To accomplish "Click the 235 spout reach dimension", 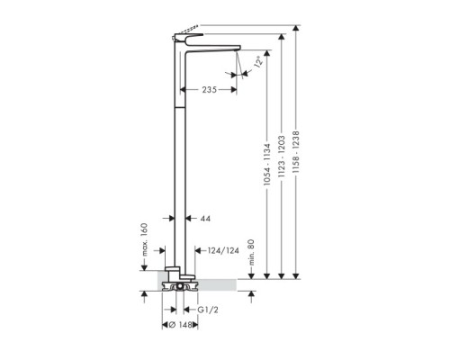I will [209, 90].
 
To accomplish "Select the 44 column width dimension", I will [205, 219].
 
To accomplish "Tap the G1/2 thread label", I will [209, 310].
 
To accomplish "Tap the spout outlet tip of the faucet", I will [237, 52].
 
